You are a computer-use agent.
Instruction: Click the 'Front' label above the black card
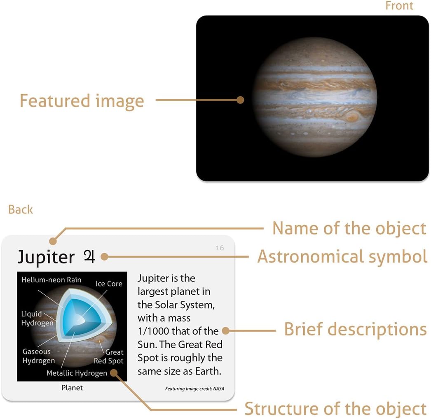[x=399, y=6]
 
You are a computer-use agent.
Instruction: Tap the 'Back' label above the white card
[x=20, y=209]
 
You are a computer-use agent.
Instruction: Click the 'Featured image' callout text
[x=82, y=100]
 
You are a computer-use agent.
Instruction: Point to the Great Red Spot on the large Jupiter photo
[x=353, y=117]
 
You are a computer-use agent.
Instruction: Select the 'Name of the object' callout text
[x=349, y=228]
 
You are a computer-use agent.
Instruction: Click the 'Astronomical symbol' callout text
[x=342, y=256]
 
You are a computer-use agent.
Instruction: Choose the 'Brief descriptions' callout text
[x=355, y=329]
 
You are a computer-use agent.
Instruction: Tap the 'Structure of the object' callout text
[x=335, y=409]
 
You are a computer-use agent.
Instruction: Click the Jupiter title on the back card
[x=46, y=257]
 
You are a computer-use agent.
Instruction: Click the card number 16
[x=220, y=248]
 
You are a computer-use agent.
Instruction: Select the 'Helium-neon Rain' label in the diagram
[x=52, y=280]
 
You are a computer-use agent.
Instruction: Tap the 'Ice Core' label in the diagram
[x=109, y=284]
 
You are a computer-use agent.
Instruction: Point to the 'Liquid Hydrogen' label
[x=37, y=319]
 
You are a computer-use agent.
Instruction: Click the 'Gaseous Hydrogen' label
[x=38, y=356]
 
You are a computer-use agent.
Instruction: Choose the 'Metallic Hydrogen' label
[x=77, y=373]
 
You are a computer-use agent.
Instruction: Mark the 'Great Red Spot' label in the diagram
[x=109, y=356]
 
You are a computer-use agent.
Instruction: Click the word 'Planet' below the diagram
[x=72, y=388]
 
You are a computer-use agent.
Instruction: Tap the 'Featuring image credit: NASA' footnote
[x=194, y=389]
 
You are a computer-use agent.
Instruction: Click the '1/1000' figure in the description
[x=153, y=331]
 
